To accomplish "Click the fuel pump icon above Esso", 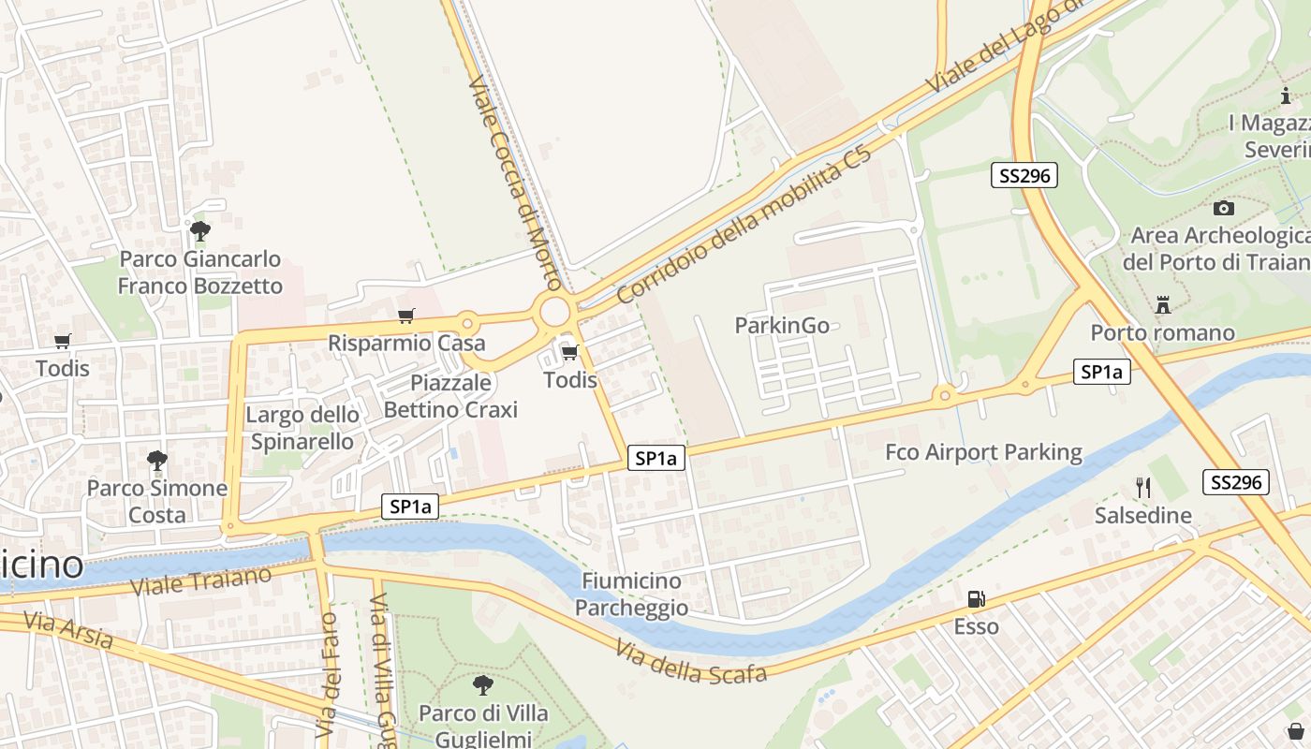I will tap(976, 599).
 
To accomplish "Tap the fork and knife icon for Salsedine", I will tap(1142, 487).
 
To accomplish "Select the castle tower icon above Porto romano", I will tap(1163, 304).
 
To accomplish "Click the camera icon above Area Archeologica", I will tap(1223, 208).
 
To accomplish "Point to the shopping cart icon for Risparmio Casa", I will tap(405, 316).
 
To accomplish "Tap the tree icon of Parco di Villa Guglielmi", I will tap(482, 685).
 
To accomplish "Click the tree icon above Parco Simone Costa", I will tap(157, 460).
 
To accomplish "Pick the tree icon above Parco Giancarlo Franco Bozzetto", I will tap(199, 230).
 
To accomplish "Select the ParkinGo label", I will tap(782, 325).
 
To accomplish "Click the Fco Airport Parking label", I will tap(983, 453).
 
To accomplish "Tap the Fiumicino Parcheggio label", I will tap(631, 595).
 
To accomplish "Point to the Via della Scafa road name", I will tap(691, 660).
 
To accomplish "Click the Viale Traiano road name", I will tap(200, 581).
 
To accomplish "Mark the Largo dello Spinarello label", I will tap(302, 428).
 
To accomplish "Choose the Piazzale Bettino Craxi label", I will tap(450, 396).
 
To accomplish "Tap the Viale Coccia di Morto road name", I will tap(514, 183).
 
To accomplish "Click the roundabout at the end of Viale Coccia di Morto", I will tap(555, 311).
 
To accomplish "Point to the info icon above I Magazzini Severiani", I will tap(1286, 95).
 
